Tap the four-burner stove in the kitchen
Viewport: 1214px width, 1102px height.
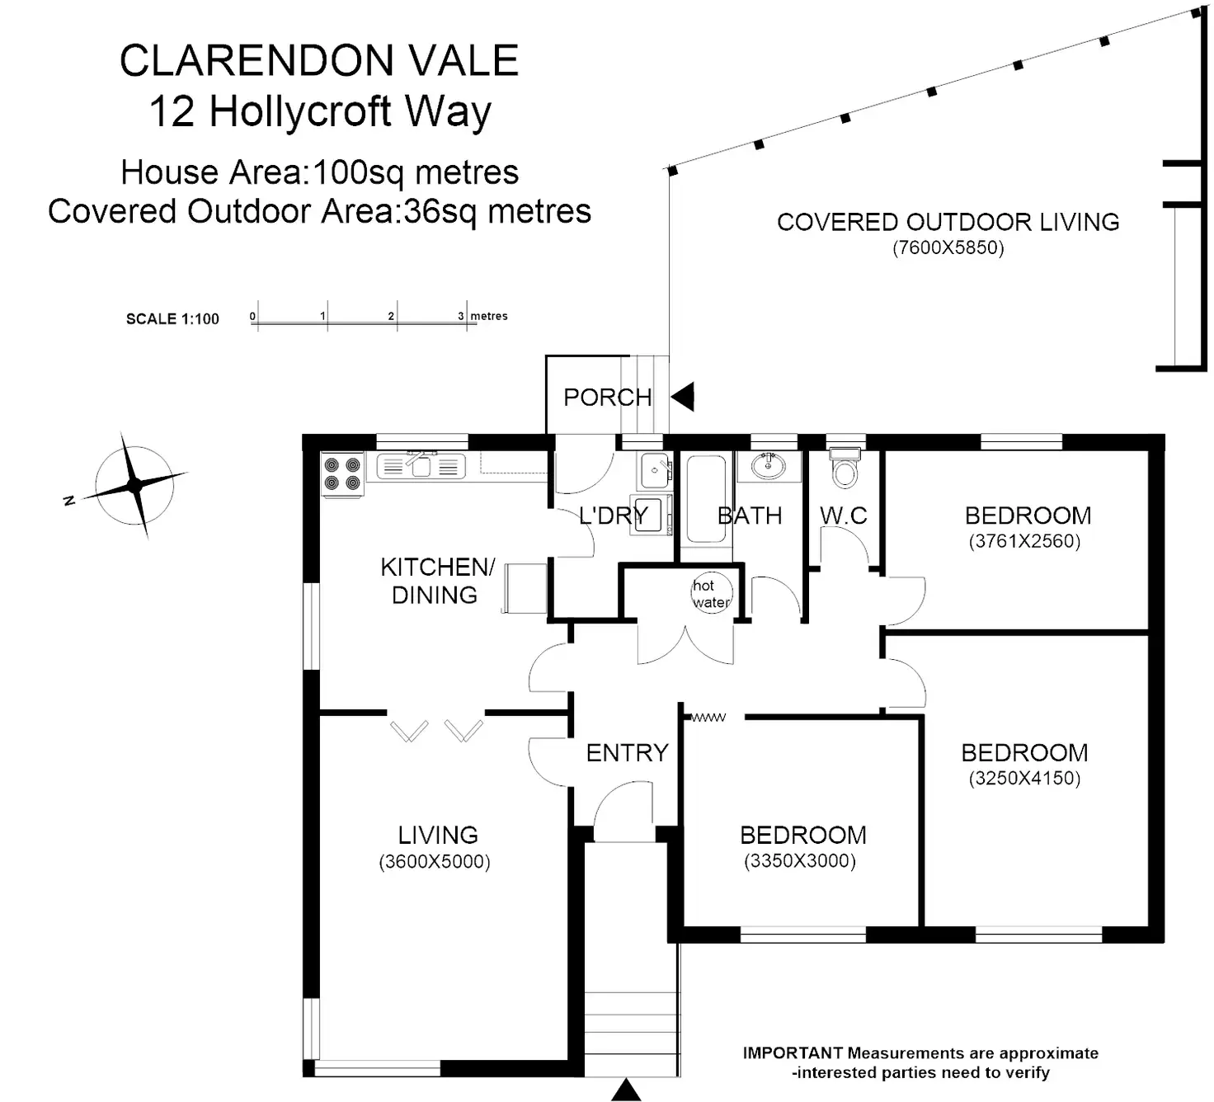[x=342, y=474]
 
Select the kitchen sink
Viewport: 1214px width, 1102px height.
[x=421, y=467]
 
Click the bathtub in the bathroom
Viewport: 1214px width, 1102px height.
[x=706, y=498]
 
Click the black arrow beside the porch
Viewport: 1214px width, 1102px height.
[x=684, y=397]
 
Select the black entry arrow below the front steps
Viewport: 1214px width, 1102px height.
[x=626, y=1090]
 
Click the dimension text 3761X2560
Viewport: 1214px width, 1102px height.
[x=1024, y=541]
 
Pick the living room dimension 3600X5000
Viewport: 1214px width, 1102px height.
[x=435, y=862]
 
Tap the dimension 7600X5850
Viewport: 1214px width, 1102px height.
[x=948, y=248]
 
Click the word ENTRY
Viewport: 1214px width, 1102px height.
[x=627, y=752]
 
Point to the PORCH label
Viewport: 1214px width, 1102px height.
[x=608, y=398]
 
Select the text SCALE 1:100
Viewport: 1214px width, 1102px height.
[x=172, y=319]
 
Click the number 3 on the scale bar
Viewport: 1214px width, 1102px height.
[x=461, y=316]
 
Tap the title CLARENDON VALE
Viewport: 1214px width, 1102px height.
[x=319, y=60]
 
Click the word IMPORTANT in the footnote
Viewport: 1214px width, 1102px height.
[x=793, y=1053]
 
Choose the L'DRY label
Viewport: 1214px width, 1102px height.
[x=613, y=516]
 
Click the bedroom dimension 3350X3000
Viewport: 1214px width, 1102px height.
[x=800, y=861]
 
